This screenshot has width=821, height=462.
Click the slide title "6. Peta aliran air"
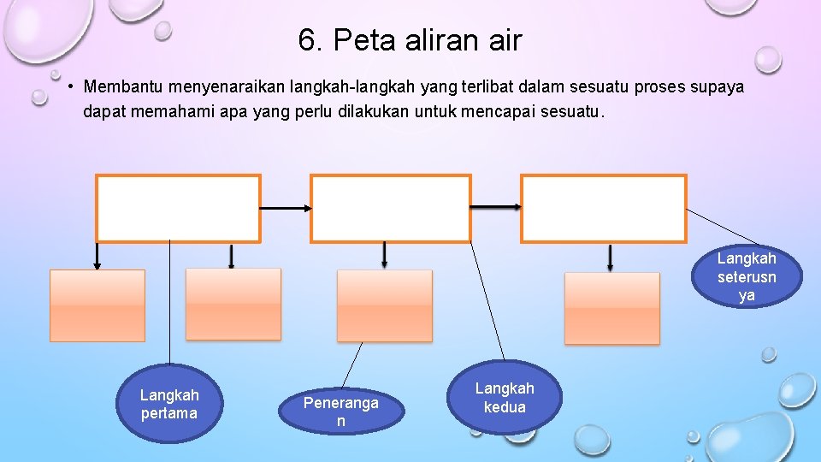tap(410, 39)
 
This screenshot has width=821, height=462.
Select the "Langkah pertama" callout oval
tap(169, 405)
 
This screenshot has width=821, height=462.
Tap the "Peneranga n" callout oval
tap(340, 412)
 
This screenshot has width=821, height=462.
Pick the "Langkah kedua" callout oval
tap(505, 398)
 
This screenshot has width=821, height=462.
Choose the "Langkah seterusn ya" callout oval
tap(747, 276)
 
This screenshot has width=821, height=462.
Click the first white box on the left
tap(178, 209)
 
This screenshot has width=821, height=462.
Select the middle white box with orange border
tap(390, 209)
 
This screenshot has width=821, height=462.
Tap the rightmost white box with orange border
tap(603, 209)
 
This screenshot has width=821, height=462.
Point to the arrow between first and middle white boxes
tap(285, 208)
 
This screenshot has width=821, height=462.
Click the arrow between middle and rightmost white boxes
tap(496, 207)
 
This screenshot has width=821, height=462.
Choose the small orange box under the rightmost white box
tap(612, 308)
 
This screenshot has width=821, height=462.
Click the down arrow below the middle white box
tap(384, 255)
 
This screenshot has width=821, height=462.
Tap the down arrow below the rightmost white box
tap(610, 258)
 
